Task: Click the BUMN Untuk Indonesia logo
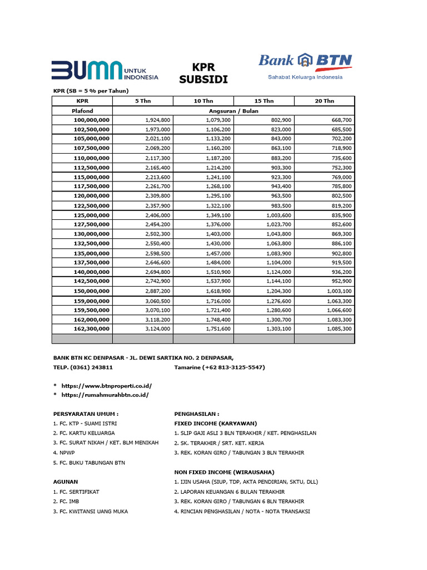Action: tap(105, 71)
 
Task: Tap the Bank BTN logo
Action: tap(305, 66)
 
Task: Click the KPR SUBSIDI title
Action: tap(203, 73)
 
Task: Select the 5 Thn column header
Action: tap(143, 101)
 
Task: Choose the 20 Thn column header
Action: tap(324, 101)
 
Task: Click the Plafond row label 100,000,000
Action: tap(92, 120)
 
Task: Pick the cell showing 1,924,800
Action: tap(157, 120)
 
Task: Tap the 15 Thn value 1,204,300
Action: tap(279, 291)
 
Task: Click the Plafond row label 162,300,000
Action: tap(92, 329)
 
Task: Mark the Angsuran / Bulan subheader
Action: tap(233, 111)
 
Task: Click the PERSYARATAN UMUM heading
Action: tap(86, 414)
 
